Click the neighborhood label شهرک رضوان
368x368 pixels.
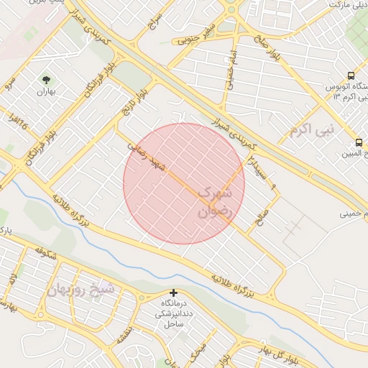coord(215,202)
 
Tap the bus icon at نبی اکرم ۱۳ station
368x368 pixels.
coord(350,75)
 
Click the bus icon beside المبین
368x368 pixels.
coord(359,141)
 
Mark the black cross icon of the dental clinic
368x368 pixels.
coord(173,293)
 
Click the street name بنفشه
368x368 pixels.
coord(125,332)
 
